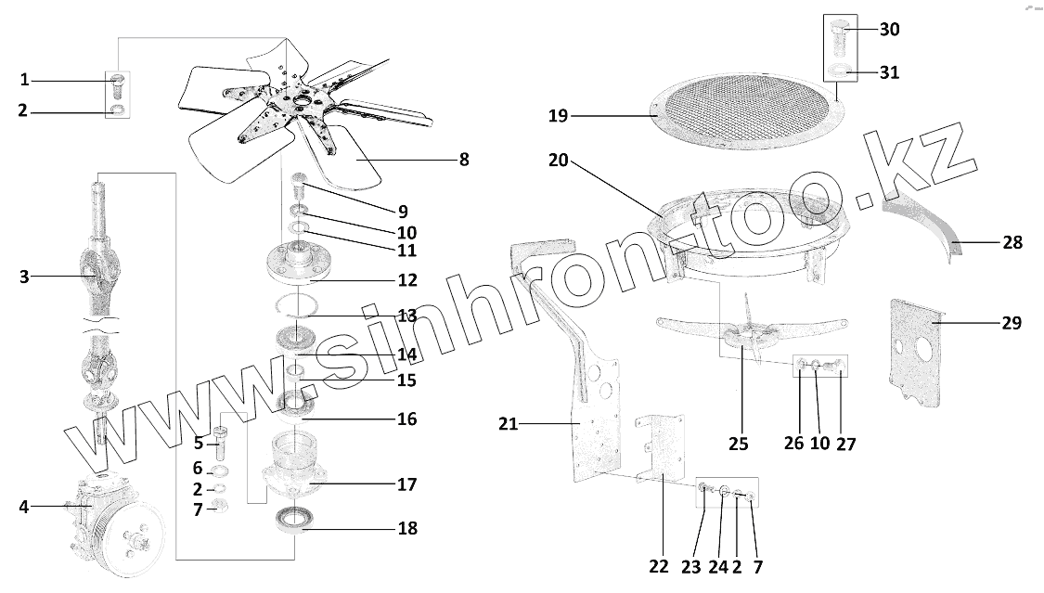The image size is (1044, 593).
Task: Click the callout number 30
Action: point(889,30)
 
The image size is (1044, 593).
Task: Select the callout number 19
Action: point(557,116)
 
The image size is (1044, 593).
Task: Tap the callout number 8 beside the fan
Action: point(463,160)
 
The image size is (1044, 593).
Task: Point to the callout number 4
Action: point(23,507)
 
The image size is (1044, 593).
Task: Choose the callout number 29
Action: point(1012,323)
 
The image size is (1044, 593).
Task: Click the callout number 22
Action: point(658,566)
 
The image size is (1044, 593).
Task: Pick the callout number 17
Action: point(406,484)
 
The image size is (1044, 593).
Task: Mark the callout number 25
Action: point(738,444)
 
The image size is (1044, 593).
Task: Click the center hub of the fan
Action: point(299,99)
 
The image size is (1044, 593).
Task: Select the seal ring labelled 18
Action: point(295,521)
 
